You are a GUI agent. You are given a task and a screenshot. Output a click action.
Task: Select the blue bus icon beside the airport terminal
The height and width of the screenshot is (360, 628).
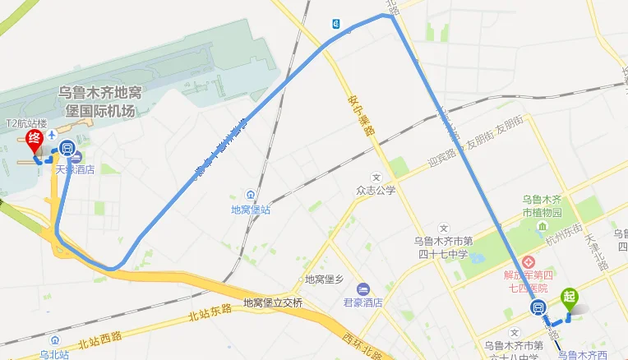67,150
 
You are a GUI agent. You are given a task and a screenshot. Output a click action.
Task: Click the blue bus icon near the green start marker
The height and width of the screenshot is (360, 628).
538,309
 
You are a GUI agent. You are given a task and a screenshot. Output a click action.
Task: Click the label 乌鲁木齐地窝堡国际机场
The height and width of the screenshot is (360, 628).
99,99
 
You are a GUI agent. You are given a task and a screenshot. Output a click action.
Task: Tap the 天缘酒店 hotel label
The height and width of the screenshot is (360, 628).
75,169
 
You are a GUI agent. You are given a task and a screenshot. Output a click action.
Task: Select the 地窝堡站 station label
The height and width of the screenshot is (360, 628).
251,209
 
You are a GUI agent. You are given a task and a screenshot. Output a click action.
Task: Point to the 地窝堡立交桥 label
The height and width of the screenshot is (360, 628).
273,302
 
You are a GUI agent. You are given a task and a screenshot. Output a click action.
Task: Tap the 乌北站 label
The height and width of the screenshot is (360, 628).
54,353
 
